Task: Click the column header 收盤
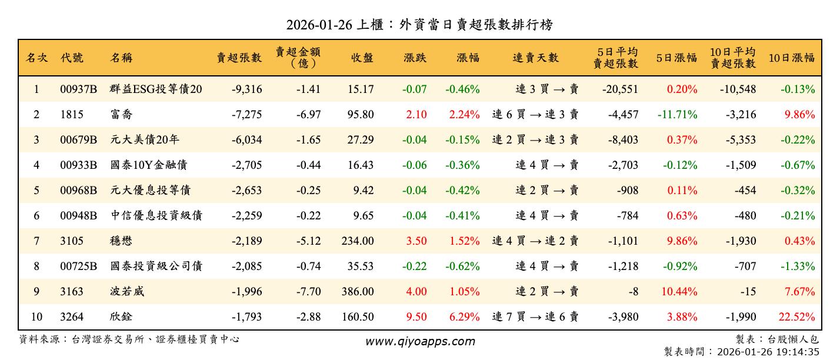362,58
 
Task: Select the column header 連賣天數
535,58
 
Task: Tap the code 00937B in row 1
78,89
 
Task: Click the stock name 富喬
122,115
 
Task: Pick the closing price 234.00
358,241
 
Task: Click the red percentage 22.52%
797,316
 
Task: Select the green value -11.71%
678,115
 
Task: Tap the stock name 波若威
127,291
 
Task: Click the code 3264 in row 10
72,316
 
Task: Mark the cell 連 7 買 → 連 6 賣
535,316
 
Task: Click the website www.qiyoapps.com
419,341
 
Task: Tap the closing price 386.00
358,291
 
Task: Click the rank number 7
36,241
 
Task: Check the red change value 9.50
416,316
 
